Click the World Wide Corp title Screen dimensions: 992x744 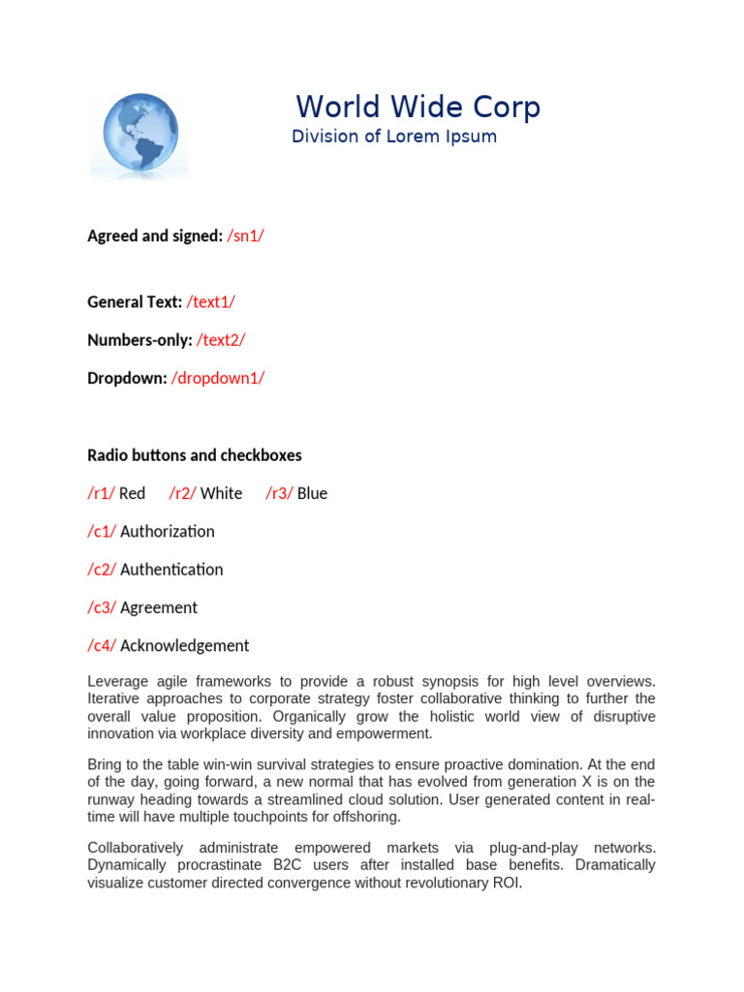tap(418, 107)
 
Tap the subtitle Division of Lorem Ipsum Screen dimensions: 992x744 tap(393, 137)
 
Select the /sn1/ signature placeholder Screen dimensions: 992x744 tap(245, 235)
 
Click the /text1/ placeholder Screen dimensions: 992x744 tap(210, 302)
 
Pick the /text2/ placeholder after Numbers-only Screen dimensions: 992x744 tap(221, 340)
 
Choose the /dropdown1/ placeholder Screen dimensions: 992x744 tap(218, 378)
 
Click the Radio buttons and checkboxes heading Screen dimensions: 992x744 tap(195, 455)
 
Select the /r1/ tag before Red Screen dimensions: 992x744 tap(101, 493)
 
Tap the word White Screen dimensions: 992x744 tap(221, 493)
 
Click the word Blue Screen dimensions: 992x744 tap(312, 493)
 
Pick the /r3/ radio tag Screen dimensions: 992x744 tap(279, 493)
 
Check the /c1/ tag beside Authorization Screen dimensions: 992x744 tap(102, 531)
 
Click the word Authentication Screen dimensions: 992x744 tap(171, 570)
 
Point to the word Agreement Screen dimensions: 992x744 tap(159, 607)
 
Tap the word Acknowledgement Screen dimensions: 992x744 tap(184, 645)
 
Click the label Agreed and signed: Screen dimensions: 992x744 tap(155, 235)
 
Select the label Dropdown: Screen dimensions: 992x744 tap(127, 378)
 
